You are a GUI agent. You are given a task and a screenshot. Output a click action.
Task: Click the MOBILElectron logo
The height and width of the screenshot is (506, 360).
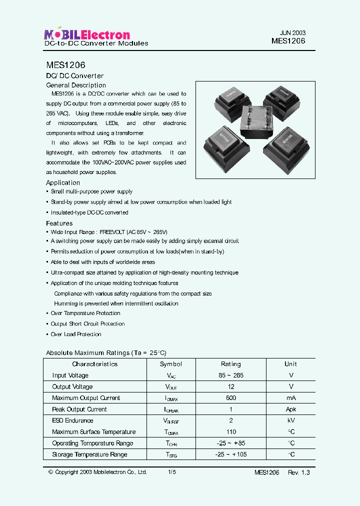pos(87,34)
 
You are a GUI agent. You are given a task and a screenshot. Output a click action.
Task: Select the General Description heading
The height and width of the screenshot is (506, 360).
pos(76,85)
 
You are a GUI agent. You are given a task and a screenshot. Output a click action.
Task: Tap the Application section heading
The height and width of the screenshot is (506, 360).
pos(63,183)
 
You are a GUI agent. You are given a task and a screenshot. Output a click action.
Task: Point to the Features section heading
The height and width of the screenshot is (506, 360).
pos(59,223)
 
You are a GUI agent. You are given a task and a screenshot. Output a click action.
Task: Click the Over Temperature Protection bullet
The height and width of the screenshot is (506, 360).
pos(85,313)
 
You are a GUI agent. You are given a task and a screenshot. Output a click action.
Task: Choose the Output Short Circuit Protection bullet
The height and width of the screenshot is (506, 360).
pos(87,324)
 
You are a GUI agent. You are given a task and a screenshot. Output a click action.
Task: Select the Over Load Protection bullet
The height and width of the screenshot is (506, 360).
pos(76,334)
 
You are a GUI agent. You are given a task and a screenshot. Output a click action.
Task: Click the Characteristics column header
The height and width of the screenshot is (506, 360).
pos(94,364)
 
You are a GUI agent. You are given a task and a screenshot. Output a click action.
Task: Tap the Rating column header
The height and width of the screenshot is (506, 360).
pos(230,364)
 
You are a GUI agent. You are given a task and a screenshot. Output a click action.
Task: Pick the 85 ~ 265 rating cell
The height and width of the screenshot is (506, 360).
pos(230,375)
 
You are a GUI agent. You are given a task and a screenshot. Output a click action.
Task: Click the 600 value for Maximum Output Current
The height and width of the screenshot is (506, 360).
pos(230,398)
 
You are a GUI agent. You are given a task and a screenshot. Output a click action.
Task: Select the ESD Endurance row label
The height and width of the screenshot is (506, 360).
pos(72,421)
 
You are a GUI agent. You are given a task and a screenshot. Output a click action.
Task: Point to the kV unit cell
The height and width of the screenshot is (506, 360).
pos(290,421)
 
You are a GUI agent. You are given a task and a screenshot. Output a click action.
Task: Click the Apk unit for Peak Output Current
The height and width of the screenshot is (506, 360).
pos(290,409)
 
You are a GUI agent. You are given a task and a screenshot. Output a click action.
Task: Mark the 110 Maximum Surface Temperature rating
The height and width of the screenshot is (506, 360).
pos(230,432)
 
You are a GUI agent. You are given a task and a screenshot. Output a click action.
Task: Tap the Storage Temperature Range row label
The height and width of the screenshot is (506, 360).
pos(89,454)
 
